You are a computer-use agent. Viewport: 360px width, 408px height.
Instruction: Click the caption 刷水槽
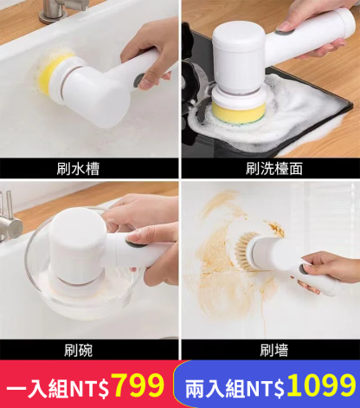tap(78, 169)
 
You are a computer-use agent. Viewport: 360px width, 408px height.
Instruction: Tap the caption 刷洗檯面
tap(274, 169)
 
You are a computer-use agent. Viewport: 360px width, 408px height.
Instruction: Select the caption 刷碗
tap(78, 350)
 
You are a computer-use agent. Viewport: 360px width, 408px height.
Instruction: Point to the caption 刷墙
tap(274, 350)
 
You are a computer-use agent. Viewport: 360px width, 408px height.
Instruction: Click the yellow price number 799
tap(138, 385)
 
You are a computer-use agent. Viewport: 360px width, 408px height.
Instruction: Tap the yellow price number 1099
tap(321, 385)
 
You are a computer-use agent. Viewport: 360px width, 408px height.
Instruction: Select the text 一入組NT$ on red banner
tap(58, 389)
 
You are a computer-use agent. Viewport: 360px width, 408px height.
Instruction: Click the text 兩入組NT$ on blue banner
tap(235, 389)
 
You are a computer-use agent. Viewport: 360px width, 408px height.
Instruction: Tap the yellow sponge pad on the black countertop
tap(239, 113)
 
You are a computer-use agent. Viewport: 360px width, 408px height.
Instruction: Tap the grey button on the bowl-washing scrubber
tap(136, 244)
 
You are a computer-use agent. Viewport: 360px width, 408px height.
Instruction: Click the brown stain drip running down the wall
tap(263, 319)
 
